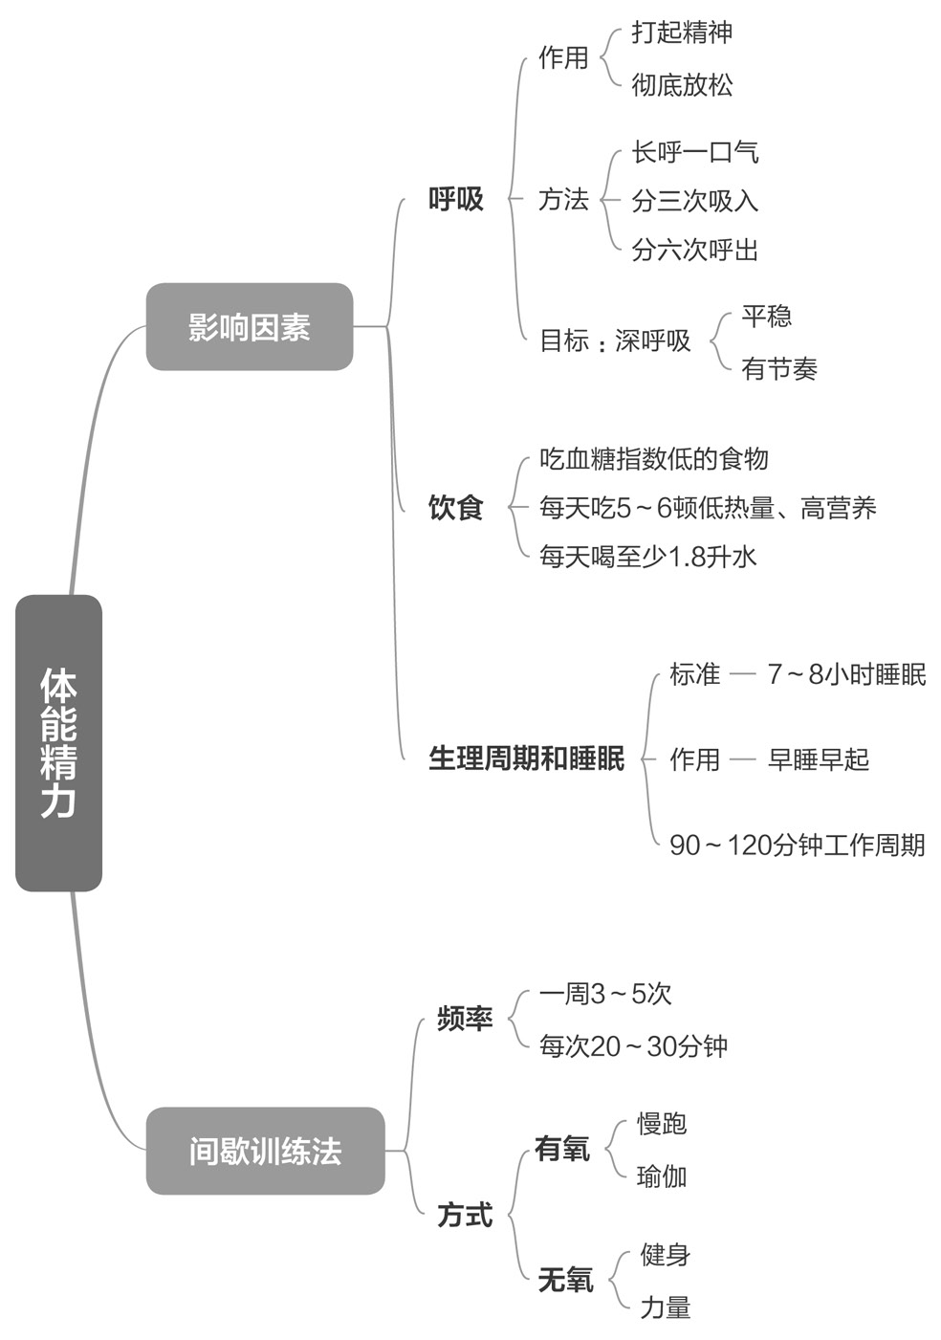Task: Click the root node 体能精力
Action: [58, 742]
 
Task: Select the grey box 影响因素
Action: [249, 327]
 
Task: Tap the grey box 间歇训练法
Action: [265, 1151]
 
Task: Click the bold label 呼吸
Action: [456, 199]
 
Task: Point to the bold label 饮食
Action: [455, 507]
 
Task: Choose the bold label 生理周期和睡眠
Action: [526, 758]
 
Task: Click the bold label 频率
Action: [465, 1019]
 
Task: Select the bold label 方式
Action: [465, 1215]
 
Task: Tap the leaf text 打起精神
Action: [682, 33]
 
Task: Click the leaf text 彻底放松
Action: [682, 85]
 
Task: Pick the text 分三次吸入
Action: [695, 201]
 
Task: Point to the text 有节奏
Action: [779, 368]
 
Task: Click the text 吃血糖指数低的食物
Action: [654, 459]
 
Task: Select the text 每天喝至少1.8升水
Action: [647, 556]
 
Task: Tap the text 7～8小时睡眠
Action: [846, 674]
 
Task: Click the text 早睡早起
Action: [819, 759]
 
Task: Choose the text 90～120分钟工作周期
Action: [797, 845]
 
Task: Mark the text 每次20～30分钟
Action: [633, 1045]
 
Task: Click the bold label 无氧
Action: [565, 1280]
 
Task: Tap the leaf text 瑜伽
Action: [662, 1175]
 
